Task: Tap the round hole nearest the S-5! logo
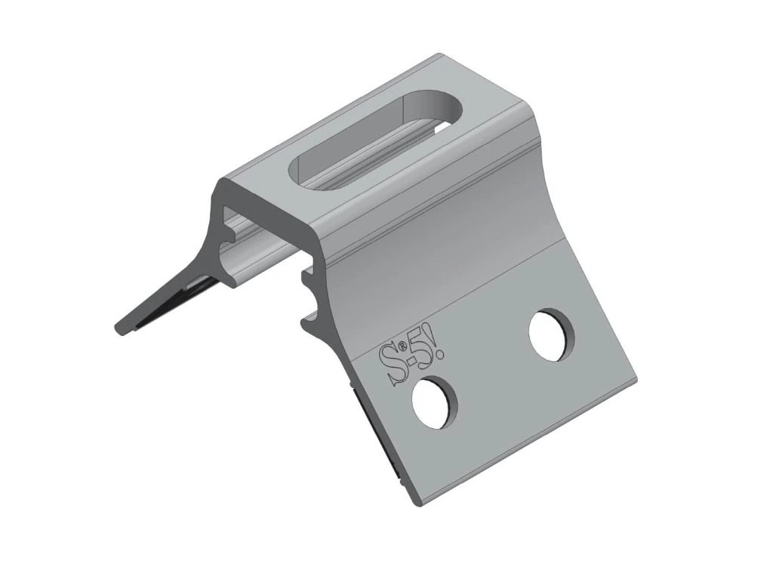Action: [x=436, y=403]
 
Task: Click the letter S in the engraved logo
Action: [x=389, y=365]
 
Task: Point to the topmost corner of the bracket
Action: [x=440, y=54]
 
